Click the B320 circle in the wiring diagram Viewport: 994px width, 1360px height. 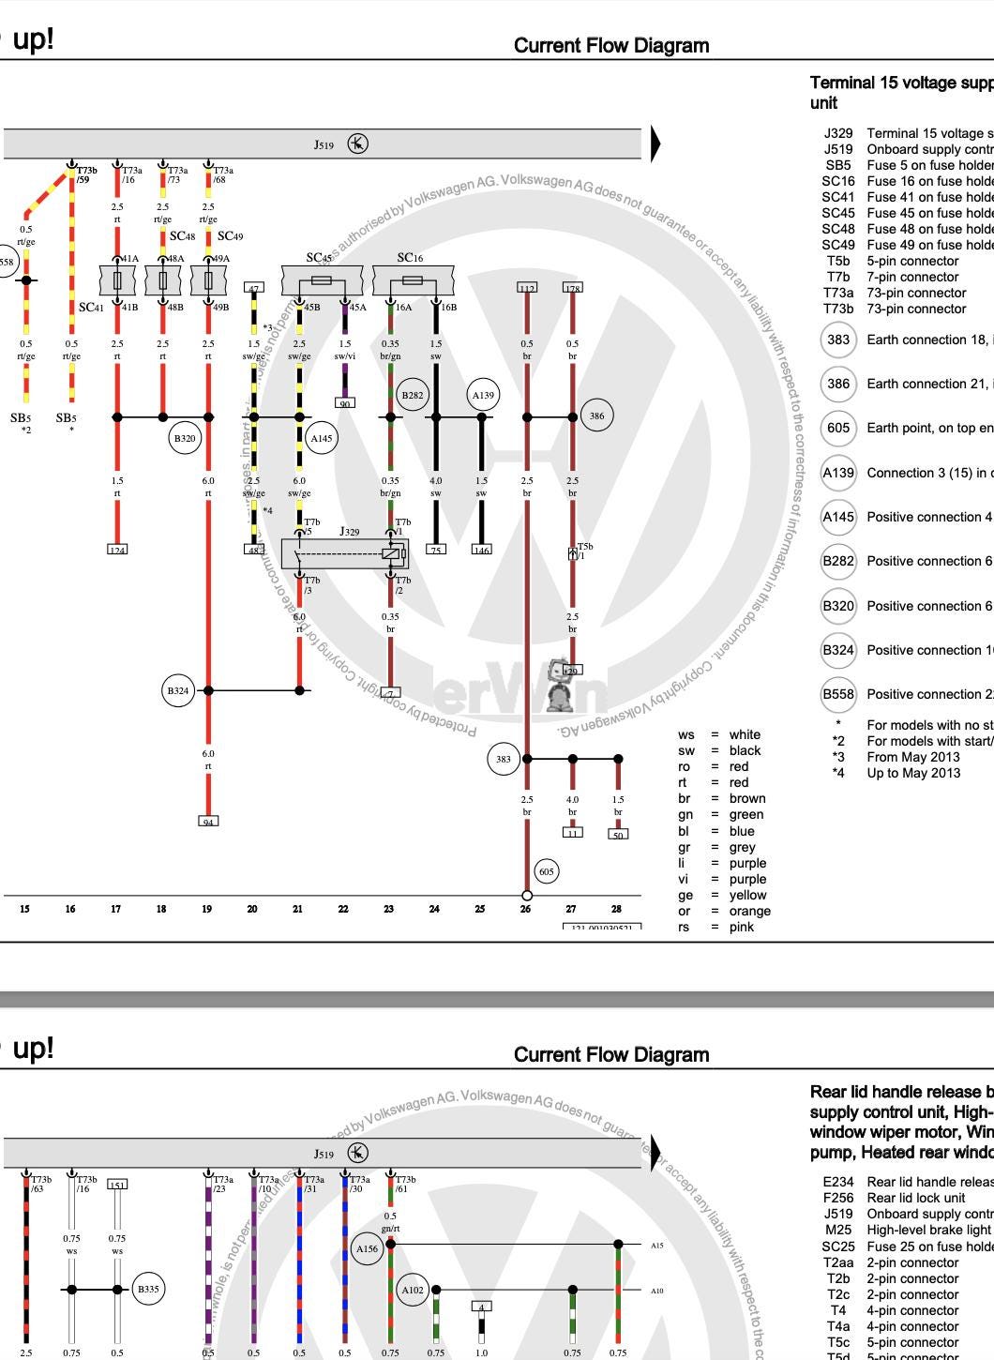coord(185,438)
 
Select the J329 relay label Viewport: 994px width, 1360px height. coord(349,532)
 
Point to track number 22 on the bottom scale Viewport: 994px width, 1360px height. coord(343,908)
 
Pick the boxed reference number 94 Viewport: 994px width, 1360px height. coord(208,822)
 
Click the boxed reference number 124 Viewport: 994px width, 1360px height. coord(117,550)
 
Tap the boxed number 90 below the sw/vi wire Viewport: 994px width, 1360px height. coord(344,403)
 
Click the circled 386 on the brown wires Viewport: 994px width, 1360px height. coord(597,415)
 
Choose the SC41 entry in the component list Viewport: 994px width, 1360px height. coord(838,197)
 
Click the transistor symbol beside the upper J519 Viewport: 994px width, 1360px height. coord(357,144)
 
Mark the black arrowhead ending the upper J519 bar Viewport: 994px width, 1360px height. coord(655,144)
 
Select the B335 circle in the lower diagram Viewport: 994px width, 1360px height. coord(148,1289)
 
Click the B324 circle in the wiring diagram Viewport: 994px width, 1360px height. coord(178,691)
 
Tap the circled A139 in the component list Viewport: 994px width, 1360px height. coord(838,473)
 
